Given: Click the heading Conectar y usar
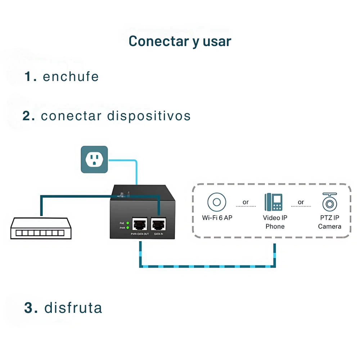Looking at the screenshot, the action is click(x=180, y=41).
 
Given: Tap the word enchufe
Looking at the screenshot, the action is click(x=71, y=76).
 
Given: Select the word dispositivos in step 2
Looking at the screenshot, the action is click(x=149, y=116).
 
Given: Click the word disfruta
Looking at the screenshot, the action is click(x=73, y=308).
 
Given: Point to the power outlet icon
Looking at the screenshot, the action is click(x=94, y=159).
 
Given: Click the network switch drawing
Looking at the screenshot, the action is click(x=41, y=228).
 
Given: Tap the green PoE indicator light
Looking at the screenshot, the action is click(x=128, y=223).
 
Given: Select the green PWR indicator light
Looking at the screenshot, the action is click(x=128, y=228).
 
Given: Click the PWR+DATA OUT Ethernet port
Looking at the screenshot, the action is click(x=140, y=224).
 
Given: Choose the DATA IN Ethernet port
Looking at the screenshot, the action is click(x=158, y=224).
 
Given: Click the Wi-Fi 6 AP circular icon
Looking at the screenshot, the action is click(x=217, y=202).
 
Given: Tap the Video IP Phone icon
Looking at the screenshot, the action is click(x=274, y=202).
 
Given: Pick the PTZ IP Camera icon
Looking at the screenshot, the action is click(x=330, y=202).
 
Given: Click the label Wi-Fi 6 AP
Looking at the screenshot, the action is click(x=217, y=218).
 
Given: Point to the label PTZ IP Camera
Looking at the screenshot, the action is click(x=330, y=222).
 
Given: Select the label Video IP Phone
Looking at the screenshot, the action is click(x=275, y=222).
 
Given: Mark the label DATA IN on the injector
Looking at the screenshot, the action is click(x=159, y=234).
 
